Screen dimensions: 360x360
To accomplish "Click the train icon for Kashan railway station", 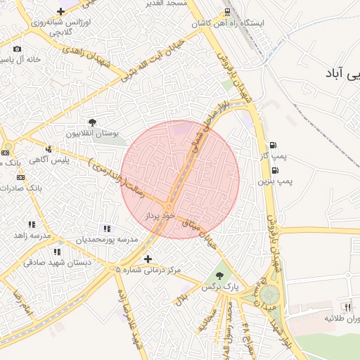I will [227, 12].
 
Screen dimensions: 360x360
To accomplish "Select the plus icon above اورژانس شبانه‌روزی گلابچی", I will [61, 11].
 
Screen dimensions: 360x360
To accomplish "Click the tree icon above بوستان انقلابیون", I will [92, 122].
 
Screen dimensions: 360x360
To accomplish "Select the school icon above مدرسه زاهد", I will [32, 224].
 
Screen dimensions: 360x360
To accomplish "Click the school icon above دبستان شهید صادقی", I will [57, 251].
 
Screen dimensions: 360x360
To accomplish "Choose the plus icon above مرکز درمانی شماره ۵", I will [147, 259].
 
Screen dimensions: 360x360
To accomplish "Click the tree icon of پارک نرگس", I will [219, 276].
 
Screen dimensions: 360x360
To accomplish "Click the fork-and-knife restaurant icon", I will [347, 307].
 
